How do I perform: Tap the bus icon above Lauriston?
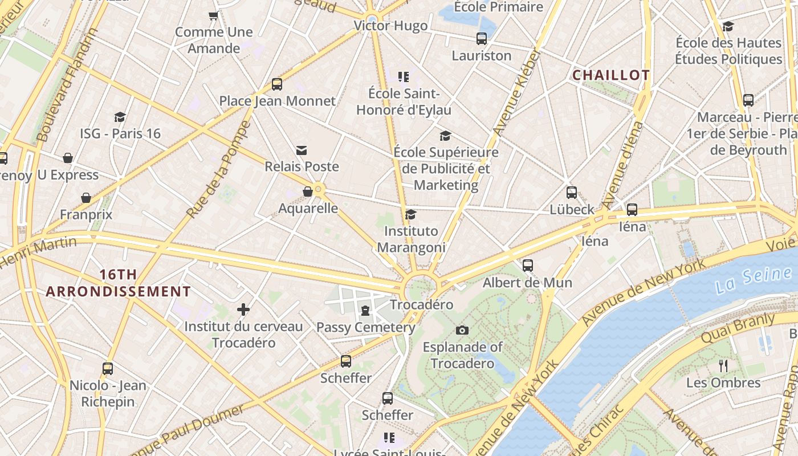click(482, 39)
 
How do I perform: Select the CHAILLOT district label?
click(610, 75)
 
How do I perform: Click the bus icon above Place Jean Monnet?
click(277, 84)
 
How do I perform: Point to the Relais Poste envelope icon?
click(302, 150)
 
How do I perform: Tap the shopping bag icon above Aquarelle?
click(308, 192)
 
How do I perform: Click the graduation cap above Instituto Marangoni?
click(410, 214)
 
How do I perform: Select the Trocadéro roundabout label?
click(421, 304)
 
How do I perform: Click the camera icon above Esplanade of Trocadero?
click(462, 330)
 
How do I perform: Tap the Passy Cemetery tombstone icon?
click(365, 311)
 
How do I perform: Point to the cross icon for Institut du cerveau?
click(243, 310)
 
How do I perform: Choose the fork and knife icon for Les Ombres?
click(723, 365)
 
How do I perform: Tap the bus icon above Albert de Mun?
click(528, 266)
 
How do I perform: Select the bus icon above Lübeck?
click(572, 193)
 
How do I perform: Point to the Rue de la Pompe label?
click(218, 170)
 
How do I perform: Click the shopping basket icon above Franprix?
click(86, 198)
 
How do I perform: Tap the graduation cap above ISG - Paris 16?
click(120, 117)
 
